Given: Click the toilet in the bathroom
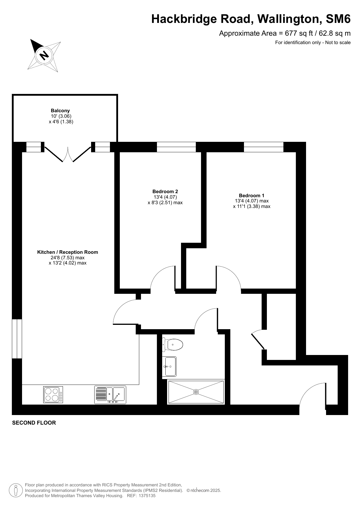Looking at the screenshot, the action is click(173, 345).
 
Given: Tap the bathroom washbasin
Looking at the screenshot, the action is click(169, 367).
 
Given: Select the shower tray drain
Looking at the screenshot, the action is click(196, 392).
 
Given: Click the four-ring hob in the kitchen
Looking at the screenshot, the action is click(53, 395).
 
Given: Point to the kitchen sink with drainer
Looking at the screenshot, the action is click(110, 395).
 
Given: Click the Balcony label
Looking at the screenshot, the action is click(60, 111).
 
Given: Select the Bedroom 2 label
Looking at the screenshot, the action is click(165, 191).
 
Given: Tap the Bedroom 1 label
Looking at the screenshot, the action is click(252, 195).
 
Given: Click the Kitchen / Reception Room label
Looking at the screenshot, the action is click(68, 252).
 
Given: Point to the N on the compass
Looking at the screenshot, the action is click(44, 55).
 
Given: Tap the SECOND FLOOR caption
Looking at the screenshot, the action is click(34, 423).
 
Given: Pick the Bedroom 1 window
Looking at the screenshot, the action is click(263, 147).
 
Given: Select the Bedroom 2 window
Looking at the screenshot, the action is click(176, 147).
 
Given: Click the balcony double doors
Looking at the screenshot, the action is click(68, 154).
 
